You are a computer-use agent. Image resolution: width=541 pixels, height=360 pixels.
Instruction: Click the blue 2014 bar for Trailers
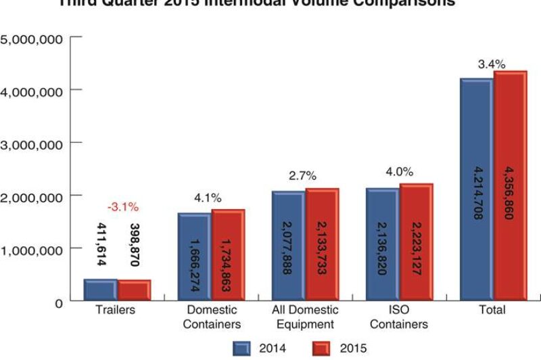(100, 290)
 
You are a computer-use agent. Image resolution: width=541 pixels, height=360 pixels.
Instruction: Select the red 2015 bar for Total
(510, 185)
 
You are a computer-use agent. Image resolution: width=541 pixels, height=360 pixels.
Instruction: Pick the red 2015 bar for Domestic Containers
(228, 254)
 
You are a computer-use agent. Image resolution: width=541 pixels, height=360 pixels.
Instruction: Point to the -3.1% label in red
(122, 206)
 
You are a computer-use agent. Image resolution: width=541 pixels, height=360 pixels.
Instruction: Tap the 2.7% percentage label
(302, 176)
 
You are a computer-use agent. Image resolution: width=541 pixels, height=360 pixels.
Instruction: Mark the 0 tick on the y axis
(59, 302)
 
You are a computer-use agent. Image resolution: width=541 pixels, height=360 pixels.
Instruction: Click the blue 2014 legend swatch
(243, 348)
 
